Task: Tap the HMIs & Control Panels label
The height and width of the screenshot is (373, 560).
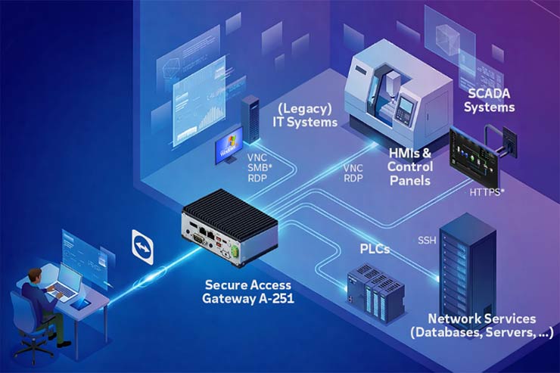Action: pyautogui.click(x=410, y=166)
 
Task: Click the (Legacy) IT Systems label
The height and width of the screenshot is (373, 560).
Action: pyautogui.click(x=306, y=116)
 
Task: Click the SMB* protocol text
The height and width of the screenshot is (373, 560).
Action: pyautogui.click(x=257, y=167)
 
